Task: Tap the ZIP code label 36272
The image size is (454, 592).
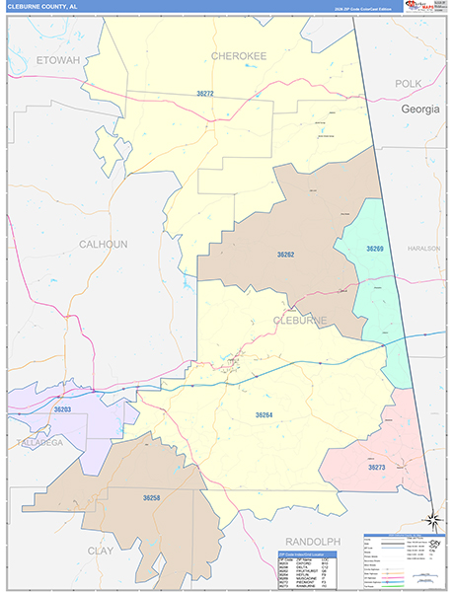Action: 205,93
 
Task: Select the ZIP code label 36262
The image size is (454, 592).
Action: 286,255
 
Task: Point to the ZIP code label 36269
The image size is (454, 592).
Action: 375,249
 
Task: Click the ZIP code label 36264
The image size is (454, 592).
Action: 264,415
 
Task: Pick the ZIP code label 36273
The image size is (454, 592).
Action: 376,468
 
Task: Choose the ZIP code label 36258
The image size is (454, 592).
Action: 151,498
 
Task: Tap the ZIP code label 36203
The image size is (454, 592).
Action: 62,408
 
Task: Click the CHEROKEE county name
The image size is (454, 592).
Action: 239,56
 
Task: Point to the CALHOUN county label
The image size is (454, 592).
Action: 103,244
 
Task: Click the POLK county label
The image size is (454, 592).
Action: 408,84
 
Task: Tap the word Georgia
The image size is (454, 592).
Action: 419,110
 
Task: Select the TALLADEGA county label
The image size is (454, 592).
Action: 39,444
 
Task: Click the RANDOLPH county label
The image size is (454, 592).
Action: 312,542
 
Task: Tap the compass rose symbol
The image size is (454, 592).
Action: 431,520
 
